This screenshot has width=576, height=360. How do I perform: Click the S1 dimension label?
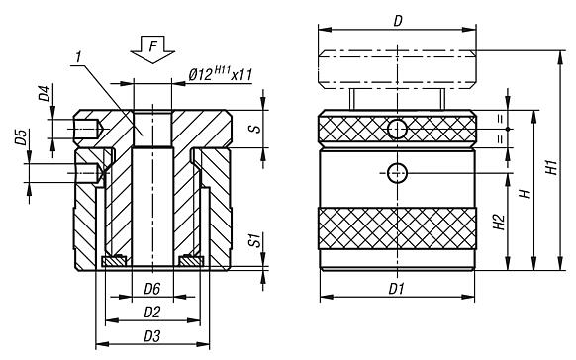pos(253,239)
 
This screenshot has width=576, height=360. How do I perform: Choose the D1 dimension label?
pos(397,288)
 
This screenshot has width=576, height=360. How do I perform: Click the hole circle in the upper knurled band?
pos(396,128)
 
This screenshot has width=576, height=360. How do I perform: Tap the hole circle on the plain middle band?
pos(397,172)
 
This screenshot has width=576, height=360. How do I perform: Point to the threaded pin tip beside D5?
pos(90,172)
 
